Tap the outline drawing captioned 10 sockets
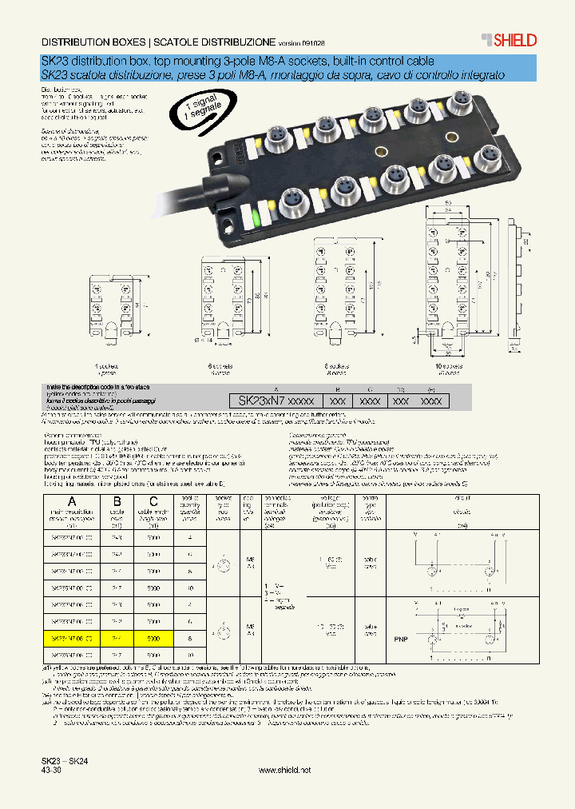(x=449, y=280)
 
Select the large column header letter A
(x=73, y=502)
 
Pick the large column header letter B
(x=116, y=502)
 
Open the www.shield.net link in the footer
(x=285, y=769)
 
